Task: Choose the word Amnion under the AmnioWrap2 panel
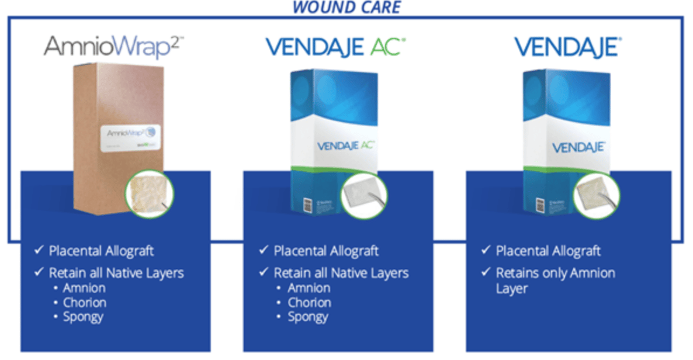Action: click(84, 288)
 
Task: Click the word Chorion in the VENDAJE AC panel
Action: click(309, 303)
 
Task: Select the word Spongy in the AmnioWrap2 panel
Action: click(83, 317)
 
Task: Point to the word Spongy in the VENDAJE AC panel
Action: click(307, 317)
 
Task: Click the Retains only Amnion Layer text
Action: click(555, 281)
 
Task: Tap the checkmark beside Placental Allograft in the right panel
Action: click(486, 250)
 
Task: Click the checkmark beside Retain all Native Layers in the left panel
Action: click(39, 273)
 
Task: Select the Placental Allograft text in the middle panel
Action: click(326, 251)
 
